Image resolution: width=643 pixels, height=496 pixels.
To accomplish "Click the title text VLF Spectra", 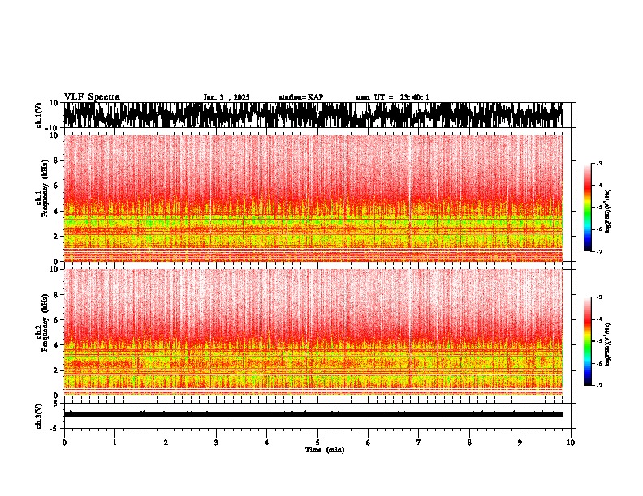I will tap(92, 96).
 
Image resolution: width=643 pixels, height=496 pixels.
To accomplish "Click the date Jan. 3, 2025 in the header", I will tap(227, 97).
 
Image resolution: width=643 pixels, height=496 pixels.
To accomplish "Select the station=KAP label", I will tap(300, 97).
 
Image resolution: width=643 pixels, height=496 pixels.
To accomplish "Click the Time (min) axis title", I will tap(324, 449).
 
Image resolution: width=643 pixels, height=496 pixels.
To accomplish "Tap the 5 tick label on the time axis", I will tap(317, 442).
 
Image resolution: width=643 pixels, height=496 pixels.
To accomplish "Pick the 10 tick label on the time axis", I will tap(572, 442).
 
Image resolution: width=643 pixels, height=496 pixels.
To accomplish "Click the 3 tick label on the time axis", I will tap(216, 442).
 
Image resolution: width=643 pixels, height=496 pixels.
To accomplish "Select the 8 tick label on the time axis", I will tap(470, 442).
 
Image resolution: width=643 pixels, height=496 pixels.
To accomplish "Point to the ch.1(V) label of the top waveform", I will tap(39, 116).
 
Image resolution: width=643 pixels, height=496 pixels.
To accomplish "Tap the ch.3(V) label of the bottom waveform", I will tap(39, 414).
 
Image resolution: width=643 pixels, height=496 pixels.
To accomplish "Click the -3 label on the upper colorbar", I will tap(598, 164).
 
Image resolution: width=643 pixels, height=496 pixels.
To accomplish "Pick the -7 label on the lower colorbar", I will tap(598, 386).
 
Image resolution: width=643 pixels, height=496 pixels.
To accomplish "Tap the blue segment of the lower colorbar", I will tap(589, 374).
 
